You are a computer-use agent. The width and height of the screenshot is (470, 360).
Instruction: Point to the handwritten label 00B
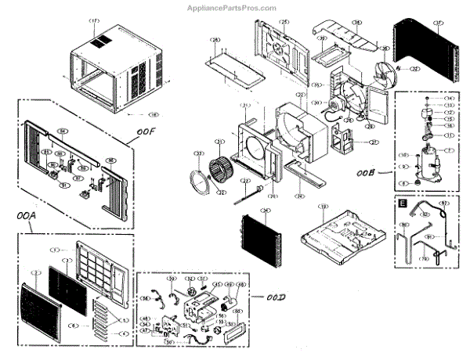(x=367, y=167)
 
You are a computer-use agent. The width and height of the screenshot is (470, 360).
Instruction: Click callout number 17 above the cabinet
(x=95, y=20)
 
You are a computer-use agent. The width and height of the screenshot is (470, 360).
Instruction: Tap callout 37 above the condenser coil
(x=438, y=22)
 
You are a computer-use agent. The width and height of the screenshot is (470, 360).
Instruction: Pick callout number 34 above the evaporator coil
(x=266, y=211)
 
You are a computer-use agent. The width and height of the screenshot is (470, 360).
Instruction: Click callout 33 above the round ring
(x=199, y=153)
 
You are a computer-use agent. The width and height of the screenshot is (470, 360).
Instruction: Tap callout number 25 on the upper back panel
(x=284, y=22)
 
